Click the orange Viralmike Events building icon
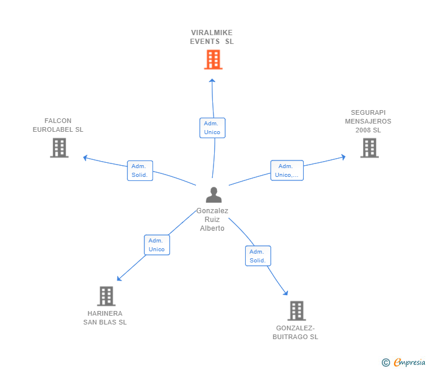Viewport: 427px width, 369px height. click(213, 60)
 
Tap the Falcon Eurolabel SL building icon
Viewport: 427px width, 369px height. click(59, 148)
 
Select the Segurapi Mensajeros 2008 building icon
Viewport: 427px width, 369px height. click(369, 148)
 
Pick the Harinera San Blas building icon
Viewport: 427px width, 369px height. click(106, 296)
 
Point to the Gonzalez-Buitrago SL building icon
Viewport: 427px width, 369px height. click(297, 310)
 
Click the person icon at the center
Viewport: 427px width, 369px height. click(213, 194)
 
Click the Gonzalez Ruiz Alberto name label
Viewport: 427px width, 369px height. click(212, 220)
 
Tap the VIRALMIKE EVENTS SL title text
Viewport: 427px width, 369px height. click(212, 37)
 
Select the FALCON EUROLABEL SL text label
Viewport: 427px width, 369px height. click(58, 125)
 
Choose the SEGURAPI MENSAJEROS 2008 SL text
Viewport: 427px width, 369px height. click(368, 121)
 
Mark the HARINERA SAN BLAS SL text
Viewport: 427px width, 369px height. click(105, 317)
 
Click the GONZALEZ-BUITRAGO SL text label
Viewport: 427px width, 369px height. click(295, 332)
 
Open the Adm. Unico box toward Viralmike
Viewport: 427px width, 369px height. click(212, 128)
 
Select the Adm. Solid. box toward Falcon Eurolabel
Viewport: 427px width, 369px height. click(140, 170)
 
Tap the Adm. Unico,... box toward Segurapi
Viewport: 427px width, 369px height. click(287, 170)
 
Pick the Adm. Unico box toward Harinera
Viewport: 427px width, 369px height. click(157, 245)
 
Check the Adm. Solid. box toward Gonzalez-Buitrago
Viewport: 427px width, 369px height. click(258, 256)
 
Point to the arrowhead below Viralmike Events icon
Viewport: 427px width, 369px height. click(212, 81)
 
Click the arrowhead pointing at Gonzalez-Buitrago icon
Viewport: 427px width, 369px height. click(286, 293)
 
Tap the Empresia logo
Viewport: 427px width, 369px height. click(405, 362)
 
